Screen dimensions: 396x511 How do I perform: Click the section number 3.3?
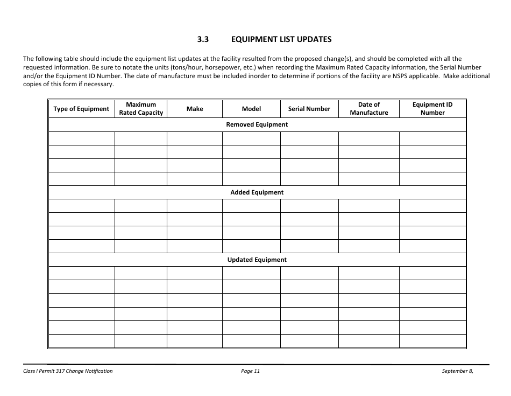tap(203, 39)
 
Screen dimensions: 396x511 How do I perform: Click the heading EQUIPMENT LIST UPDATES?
tap(281, 39)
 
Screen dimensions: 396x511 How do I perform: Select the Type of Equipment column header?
tap(81, 109)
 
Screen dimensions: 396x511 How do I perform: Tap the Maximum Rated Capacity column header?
tap(141, 109)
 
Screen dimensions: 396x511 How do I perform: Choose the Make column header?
tap(195, 109)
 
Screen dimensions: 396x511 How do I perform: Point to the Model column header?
tap(251, 109)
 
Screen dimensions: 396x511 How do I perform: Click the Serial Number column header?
tap(309, 109)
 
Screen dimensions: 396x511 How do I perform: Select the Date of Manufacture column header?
tap(369, 109)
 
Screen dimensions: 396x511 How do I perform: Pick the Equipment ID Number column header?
tap(432, 109)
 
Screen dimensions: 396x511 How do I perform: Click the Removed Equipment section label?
tap(257, 124)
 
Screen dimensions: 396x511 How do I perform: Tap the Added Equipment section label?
tap(257, 192)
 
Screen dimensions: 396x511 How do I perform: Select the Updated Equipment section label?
tap(257, 260)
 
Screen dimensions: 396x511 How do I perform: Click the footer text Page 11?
tap(251, 371)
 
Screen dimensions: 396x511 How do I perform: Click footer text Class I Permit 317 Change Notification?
tap(68, 371)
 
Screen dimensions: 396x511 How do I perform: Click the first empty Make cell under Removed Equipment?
tap(195, 138)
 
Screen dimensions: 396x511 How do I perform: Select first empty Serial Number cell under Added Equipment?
tap(309, 206)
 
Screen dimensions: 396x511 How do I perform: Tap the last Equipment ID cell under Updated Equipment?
tap(432, 341)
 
